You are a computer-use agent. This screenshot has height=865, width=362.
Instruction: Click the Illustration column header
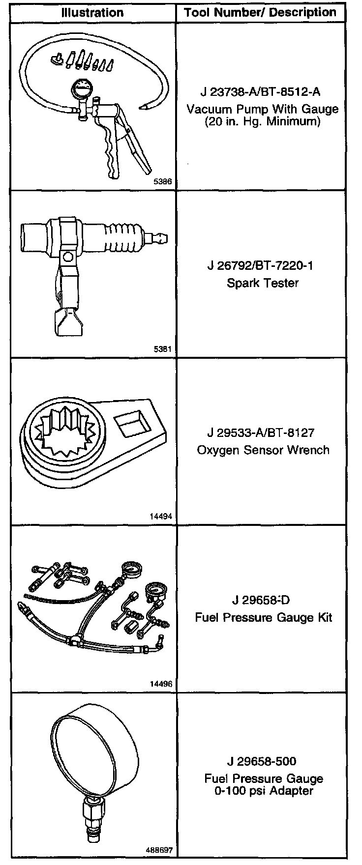[x=92, y=13]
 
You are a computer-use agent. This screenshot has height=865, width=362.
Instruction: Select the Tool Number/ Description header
[x=260, y=13]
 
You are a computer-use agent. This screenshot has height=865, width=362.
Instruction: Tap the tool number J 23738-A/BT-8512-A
[x=262, y=92]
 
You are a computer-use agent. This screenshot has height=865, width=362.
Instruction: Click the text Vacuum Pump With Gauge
[x=262, y=109]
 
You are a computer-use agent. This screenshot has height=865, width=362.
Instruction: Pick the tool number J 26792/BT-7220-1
[x=260, y=266]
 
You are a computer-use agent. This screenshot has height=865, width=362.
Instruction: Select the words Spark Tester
[x=263, y=283]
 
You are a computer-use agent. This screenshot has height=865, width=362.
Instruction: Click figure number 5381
[x=163, y=350]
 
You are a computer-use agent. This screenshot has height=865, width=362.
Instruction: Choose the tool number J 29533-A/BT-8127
[x=261, y=433]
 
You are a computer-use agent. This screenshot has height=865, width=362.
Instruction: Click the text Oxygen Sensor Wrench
[x=263, y=450]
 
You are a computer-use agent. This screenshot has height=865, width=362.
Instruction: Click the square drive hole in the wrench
[x=128, y=424]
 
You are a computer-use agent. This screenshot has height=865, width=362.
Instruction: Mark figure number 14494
[x=161, y=517]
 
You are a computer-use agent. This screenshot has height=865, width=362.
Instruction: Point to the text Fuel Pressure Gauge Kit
[x=264, y=618]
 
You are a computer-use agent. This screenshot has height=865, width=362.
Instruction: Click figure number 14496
[x=161, y=684]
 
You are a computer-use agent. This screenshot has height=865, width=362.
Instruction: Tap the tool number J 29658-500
[x=262, y=762]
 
